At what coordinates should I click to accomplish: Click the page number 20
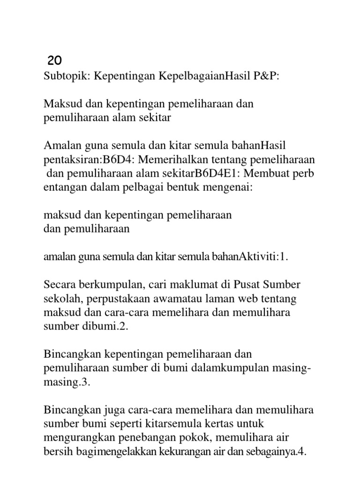pyautogui.click(x=55, y=60)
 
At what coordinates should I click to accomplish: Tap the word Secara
pyautogui.click(x=60, y=285)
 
